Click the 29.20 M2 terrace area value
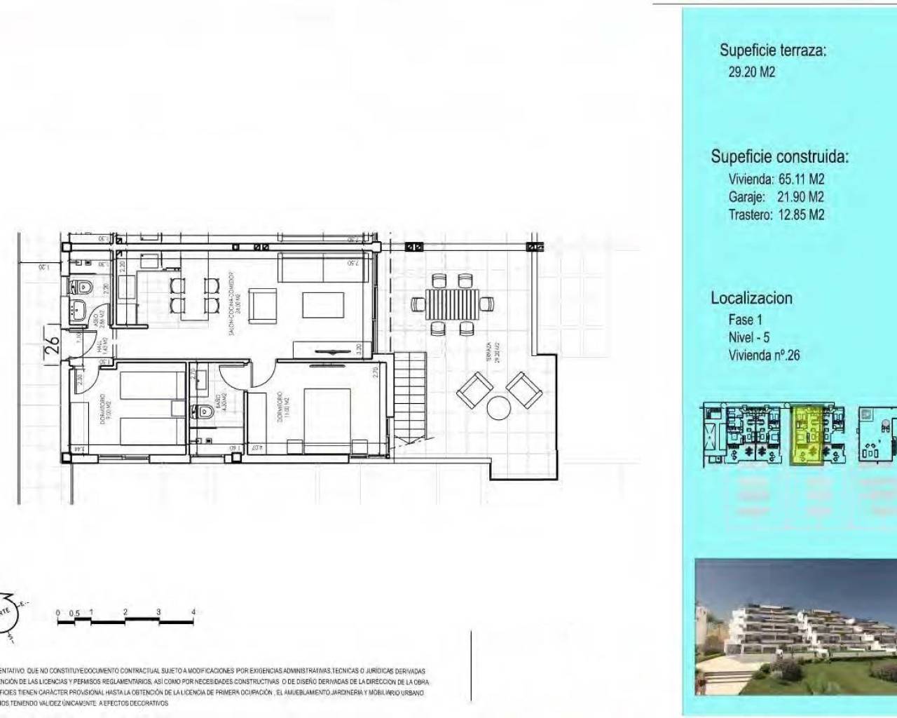click(751, 72)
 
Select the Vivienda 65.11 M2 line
click(776, 179)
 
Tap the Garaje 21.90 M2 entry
click(776, 197)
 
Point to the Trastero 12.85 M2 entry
click(776, 215)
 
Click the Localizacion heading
click(751, 298)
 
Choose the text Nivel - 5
click(748, 337)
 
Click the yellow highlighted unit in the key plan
click(807, 435)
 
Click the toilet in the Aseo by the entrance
click(83, 287)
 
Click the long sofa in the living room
click(319, 266)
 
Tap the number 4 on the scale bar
click(193, 611)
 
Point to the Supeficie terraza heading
click(772, 50)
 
